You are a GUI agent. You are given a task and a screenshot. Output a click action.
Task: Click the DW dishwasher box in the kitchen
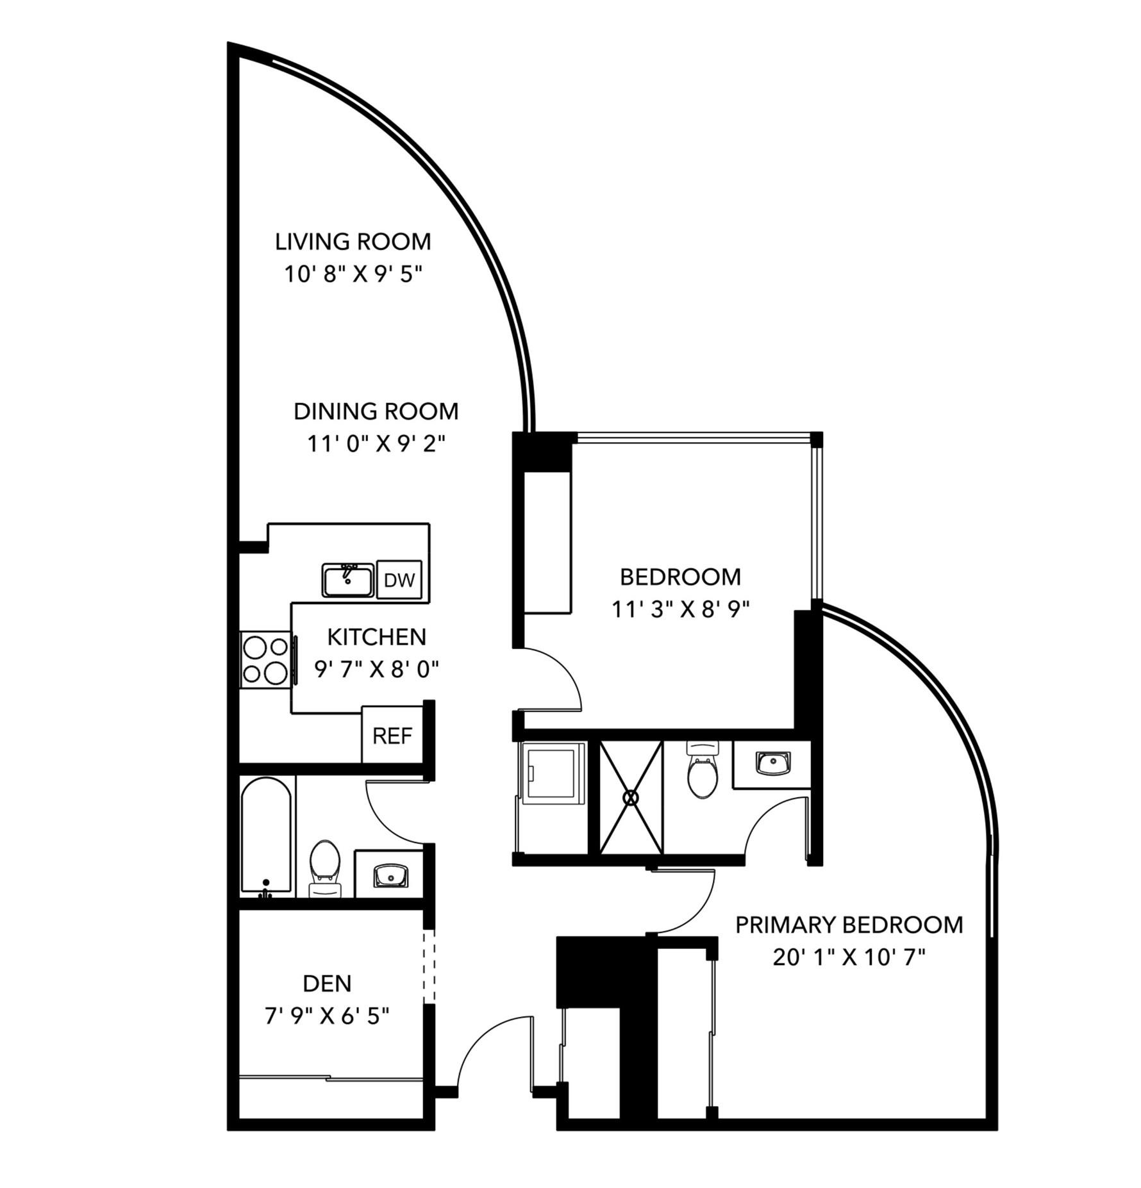(399, 580)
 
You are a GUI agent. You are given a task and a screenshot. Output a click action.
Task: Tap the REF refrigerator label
(392, 736)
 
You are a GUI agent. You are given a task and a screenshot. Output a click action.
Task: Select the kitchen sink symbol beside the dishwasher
(347, 581)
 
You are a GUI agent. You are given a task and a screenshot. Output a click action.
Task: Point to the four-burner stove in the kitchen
(265, 659)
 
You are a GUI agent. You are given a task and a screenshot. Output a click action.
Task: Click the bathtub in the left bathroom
(266, 836)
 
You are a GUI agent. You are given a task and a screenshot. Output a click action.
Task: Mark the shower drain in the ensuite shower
(631, 797)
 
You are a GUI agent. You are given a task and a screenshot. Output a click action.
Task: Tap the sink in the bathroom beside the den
(390, 875)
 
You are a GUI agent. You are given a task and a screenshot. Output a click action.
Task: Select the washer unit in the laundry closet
(552, 773)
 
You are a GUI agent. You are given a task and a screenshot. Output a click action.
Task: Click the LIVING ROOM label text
(353, 242)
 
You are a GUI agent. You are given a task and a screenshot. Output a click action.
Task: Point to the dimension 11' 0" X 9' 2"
(376, 443)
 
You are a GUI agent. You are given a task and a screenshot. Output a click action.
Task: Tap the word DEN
(327, 983)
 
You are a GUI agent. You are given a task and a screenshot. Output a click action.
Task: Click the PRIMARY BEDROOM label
(849, 925)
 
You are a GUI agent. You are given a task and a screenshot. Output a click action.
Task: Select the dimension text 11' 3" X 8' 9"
(681, 609)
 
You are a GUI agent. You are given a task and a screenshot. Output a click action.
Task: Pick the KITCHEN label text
(377, 637)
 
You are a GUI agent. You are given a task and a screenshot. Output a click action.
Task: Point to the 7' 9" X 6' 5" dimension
(327, 1016)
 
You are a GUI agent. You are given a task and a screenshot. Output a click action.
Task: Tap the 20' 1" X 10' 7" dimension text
(849, 957)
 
